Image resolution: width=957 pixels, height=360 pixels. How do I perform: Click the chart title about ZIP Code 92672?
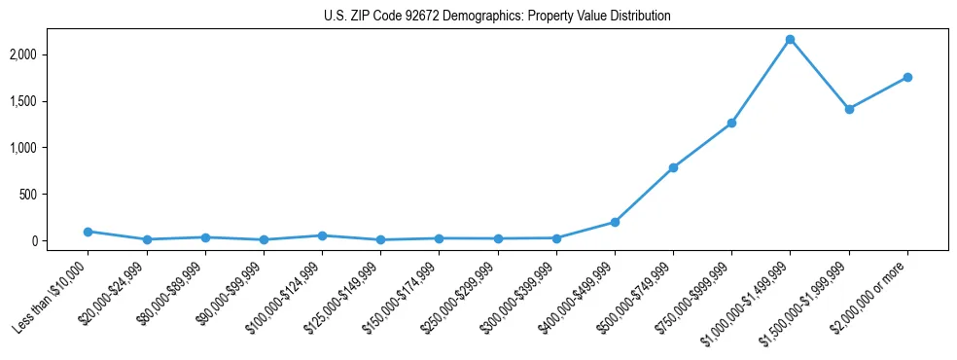click(x=497, y=17)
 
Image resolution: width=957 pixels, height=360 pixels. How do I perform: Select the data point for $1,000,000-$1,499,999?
click(x=790, y=39)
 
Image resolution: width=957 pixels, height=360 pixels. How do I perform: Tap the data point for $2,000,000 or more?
click(x=907, y=77)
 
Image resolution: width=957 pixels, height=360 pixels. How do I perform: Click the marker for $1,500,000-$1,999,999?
click(x=849, y=109)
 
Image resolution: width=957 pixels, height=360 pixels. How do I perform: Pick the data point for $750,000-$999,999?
click(x=731, y=123)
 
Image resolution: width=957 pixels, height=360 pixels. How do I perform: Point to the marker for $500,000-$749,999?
click(x=673, y=167)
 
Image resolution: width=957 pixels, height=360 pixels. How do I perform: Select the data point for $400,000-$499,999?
click(x=615, y=222)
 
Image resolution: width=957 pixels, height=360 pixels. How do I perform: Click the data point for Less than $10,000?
click(x=88, y=232)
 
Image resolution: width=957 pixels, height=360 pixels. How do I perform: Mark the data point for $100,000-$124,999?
click(x=322, y=235)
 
